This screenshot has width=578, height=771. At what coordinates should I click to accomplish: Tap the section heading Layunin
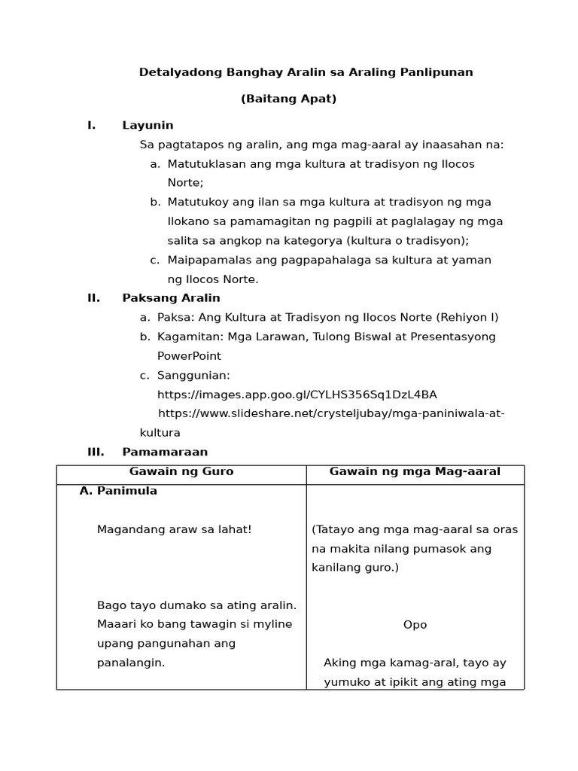pyautogui.click(x=148, y=125)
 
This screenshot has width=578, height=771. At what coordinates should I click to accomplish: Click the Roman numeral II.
pyautogui.click(x=93, y=297)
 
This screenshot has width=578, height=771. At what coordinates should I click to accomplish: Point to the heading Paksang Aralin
pyautogui.click(x=171, y=297)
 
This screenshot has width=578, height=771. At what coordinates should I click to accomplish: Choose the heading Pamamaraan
pyautogui.click(x=165, y=452)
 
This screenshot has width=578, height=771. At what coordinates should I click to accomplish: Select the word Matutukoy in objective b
pyautogui.click(x=199, y=202)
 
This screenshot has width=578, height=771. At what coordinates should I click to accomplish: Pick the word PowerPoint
pyautogui.click(x=189, y=355)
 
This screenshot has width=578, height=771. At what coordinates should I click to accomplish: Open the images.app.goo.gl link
pyautogui.click(x=297, y=395)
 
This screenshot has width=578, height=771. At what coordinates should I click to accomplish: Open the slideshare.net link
pyautogui.click(x=331, y=413)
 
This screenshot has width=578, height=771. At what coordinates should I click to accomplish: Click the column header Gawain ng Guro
pyautogui.click(x=181, y=471)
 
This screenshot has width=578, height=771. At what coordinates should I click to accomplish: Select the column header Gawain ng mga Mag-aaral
pyautogui.click(x=415, y=471)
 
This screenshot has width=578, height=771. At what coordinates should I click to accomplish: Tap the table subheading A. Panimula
pyautogui.click(x=118, y=491)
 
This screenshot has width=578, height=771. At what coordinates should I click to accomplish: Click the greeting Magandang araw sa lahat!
pyautogui.click(x=174, y=529)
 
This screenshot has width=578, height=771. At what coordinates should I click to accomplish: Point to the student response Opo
pyautogui.click(x=415, y=624)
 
